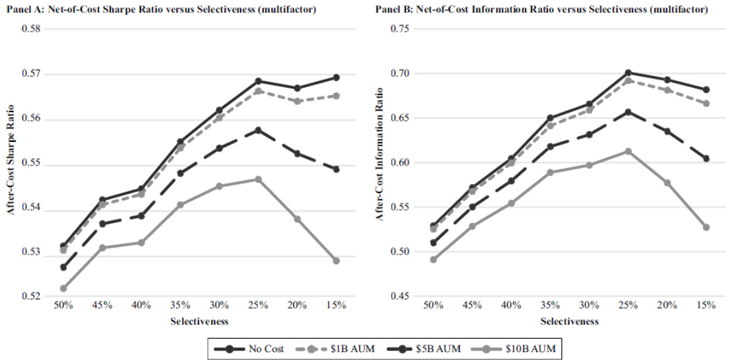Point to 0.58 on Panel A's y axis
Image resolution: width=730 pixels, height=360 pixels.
31,30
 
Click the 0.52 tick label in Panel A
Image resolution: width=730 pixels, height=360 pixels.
31,297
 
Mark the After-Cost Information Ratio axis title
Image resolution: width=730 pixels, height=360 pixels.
381,163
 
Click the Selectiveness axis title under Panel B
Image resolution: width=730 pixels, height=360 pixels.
569,322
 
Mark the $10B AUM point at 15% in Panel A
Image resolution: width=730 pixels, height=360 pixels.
336,260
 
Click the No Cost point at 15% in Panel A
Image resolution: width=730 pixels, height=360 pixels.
336,77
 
